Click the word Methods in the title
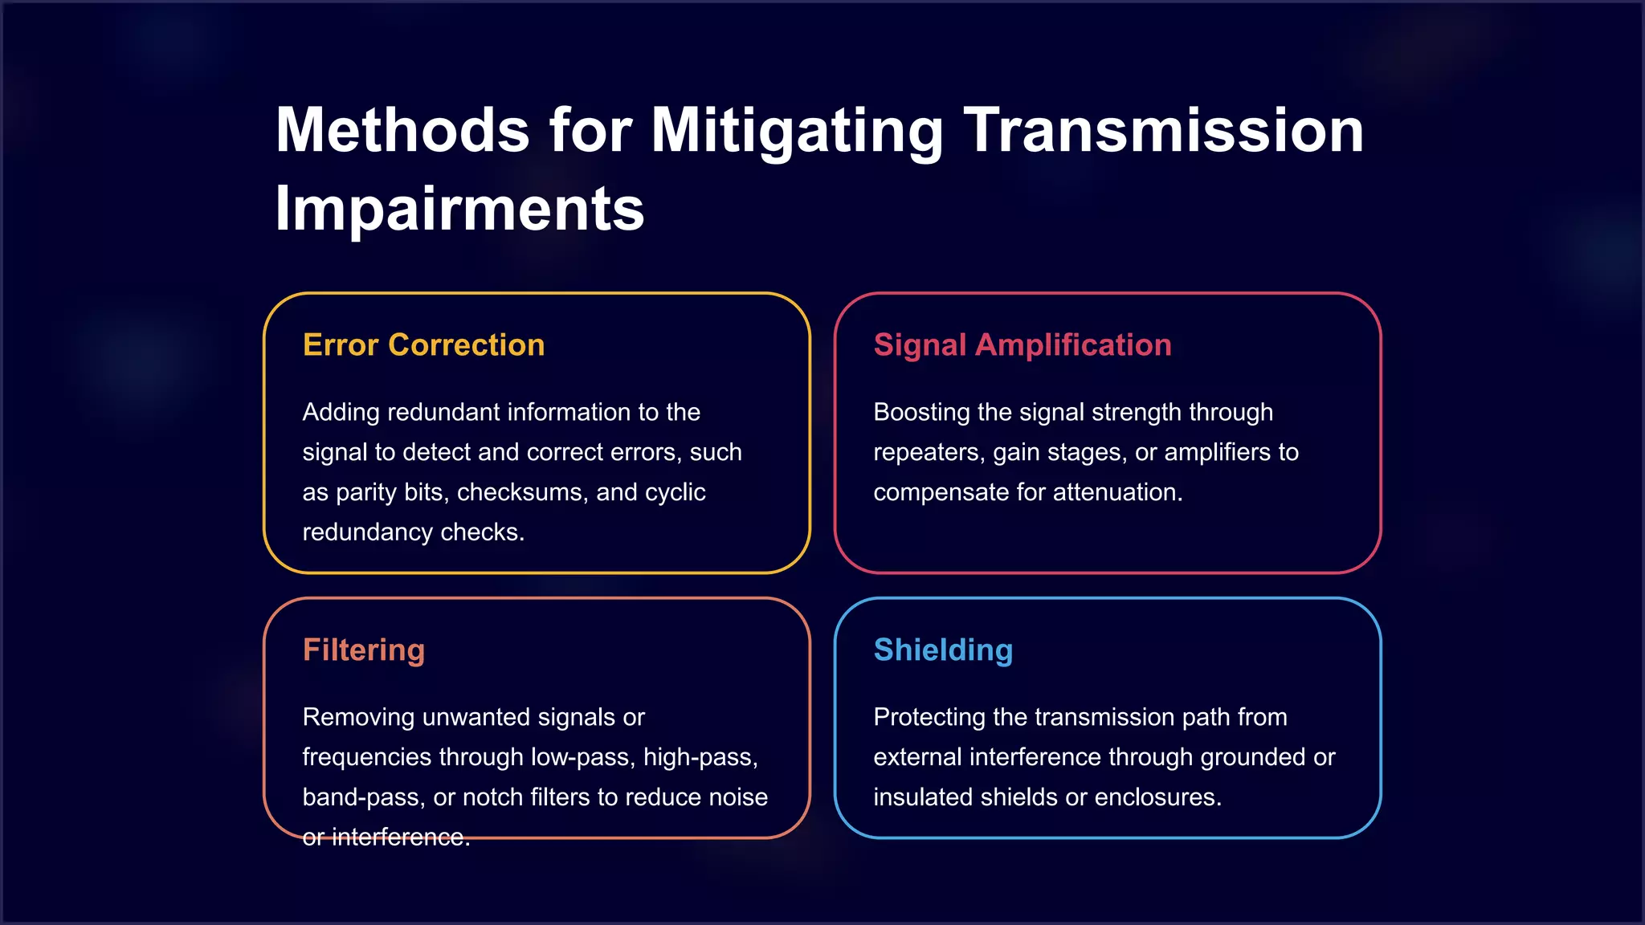click(402, 130)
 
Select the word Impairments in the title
click(459, 209)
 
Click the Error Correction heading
click(423, 344)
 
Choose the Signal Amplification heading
click(1023, 344)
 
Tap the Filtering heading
click(363, 650)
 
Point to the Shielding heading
click(943, 650)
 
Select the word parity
click(366, 492)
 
